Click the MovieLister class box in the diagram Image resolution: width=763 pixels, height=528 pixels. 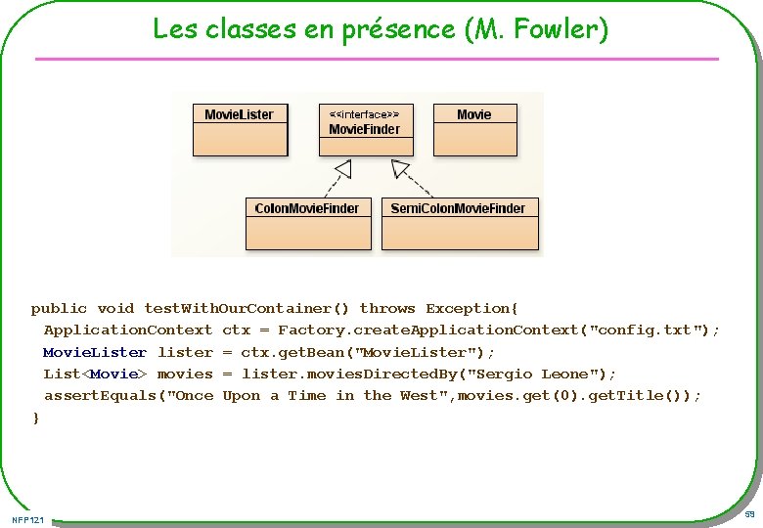pyautogui.click(x=239, y=129)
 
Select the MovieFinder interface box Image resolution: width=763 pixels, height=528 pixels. pyautogui.click(x=365, y=129)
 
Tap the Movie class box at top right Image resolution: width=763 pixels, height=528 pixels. pyautogui.click(x=473, y=129)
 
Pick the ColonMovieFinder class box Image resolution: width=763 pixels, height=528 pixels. pyautogui.click(x=306, y=223)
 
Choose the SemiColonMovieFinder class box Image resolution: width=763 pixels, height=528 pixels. pyautogui.click(x=458, y=223)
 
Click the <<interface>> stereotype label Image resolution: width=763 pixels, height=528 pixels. pyautogui.click(x=364, y=113)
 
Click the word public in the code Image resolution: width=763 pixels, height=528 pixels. pyautogui.click(x=59, y=309)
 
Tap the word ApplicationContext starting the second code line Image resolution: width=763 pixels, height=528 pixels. pyautogui.click(x=127, y=330)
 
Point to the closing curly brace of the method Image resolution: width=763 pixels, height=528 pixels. pyautogui.click(x=36, y=418)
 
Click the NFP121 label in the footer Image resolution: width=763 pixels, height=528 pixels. pyautogui.click(x=28, y=518)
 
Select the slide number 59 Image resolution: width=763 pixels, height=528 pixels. pyautogui.click(x=749, y=514)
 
